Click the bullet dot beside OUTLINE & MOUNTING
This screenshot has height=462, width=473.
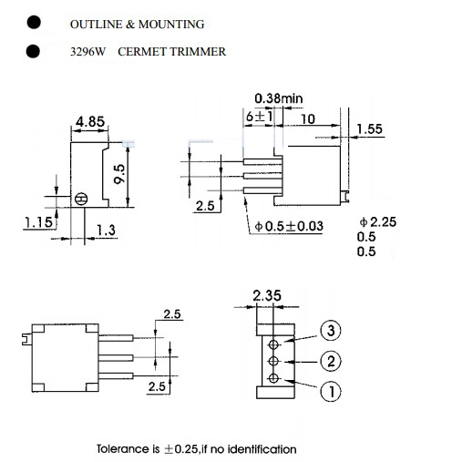coord(34,23)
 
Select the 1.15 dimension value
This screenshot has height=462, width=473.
coord(37,221)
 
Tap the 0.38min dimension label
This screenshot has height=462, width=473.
coord(278,98)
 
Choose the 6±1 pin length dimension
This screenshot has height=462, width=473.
coord(259,118)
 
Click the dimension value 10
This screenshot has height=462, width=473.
coord(307,118)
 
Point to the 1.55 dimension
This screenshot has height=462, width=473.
coord(369,129)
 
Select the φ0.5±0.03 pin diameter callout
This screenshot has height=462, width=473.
coord(290,226)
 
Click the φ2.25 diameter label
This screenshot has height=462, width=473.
coord(378,221)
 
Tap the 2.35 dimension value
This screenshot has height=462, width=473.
coord(269,294)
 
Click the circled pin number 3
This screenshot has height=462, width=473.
coord(332,330)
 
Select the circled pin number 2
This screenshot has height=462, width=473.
coord(332,361)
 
